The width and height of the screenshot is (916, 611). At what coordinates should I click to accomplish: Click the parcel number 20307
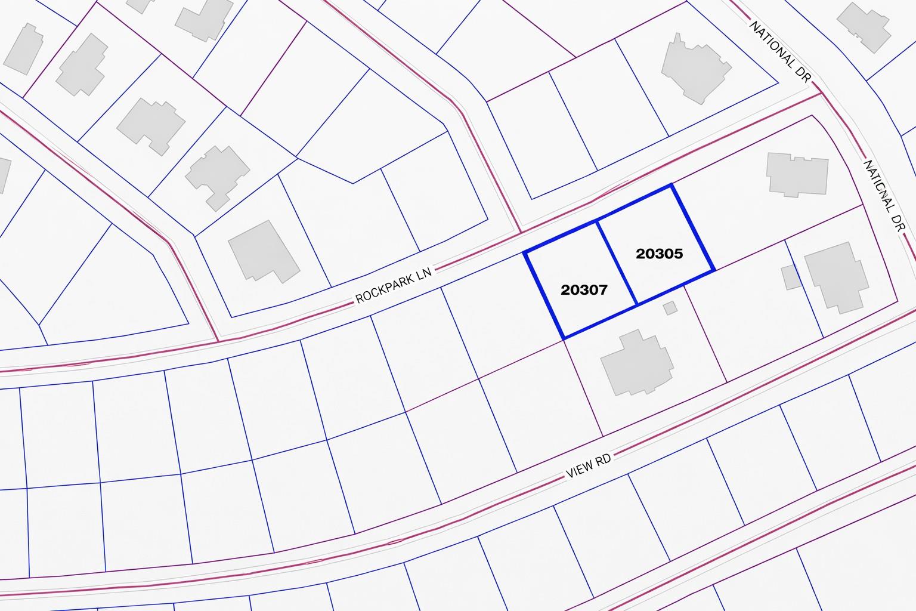(x=584, y=290)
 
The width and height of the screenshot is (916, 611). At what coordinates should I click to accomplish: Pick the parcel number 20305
(x=659, y=254)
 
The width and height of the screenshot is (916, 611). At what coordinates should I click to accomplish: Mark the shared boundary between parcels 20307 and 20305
(x=617, y=263)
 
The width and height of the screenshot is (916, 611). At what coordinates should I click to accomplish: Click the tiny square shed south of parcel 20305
(x=670, y=308)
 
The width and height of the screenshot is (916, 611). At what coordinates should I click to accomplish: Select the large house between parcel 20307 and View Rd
(x=638, y=363)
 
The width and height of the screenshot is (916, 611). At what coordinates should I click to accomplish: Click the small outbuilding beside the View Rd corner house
(x=791, y=277)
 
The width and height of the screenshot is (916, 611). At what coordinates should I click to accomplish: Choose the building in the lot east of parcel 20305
(x=797, y=174)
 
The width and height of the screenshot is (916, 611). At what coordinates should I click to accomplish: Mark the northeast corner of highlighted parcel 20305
(x=672, y=186)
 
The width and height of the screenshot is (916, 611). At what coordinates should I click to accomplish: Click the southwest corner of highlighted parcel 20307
(x=564, y=338)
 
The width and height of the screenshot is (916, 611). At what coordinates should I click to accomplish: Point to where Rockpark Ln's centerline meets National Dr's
(x=821, y=93)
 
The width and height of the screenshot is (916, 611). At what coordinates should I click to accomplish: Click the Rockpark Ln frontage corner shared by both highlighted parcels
(x=597, y=221)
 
